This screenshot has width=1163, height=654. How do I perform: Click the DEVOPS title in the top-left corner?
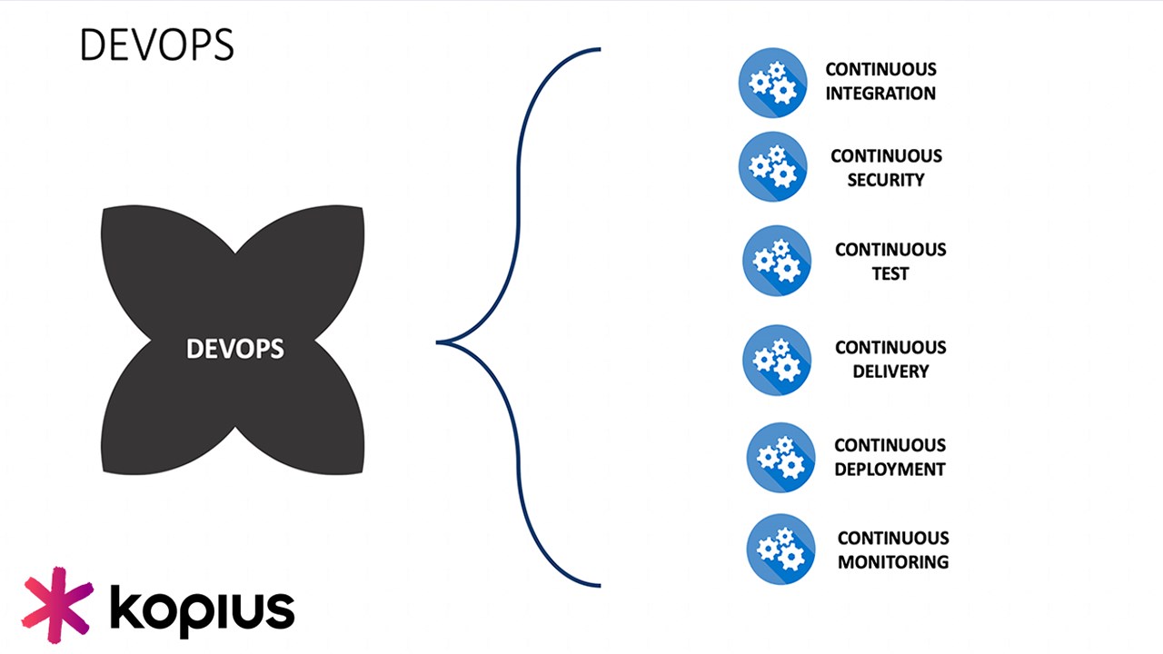point(157,45)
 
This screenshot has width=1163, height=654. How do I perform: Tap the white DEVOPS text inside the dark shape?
point(235,349)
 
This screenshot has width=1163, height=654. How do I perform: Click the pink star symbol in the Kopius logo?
point(57,605)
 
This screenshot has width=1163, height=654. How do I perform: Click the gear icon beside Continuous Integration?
point(772,83)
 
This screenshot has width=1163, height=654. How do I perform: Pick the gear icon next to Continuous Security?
point(772,166)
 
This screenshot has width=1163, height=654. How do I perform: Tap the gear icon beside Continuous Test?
point(777,261)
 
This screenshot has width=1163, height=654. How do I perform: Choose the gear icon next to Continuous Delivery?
point(777,361)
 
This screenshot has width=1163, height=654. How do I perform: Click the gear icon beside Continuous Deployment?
point(780,458)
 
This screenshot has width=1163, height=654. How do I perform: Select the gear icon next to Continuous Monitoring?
point(780,550)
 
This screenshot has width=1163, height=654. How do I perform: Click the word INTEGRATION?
point(880,94)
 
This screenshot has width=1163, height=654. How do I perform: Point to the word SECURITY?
point(886,180)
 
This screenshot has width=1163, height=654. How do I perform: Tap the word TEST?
point(890,273)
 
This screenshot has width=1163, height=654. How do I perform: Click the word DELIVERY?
point(890,372)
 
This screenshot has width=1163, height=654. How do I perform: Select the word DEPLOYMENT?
point(890,470)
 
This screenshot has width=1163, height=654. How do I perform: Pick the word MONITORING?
point(893,562)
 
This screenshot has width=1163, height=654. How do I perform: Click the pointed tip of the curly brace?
point(437,342)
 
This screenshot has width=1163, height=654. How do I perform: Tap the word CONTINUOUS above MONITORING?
point(893,539)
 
